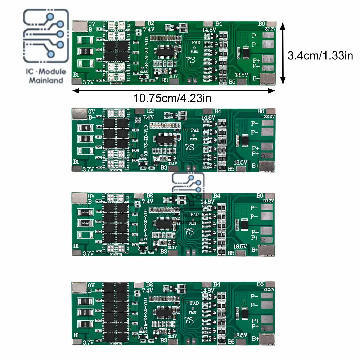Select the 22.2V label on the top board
click(x=270, y=28)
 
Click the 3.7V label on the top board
click(x=88, y=82)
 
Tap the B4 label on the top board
click(x=218, y=24)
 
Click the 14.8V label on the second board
click(x=208, y=117)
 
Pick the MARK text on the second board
click(x=143, y=158)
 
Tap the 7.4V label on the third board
click(x=148, y=201)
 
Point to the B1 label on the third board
click(x=76, y=246)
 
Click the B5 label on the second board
click(x=232, y=168)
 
